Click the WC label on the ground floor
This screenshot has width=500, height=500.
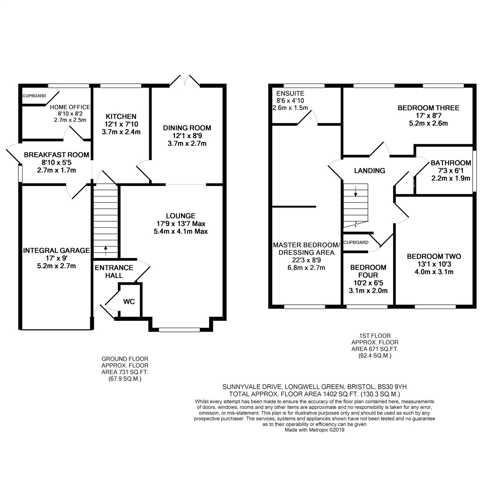129,302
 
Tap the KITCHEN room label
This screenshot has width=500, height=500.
121,117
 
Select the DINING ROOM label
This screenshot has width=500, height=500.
187,128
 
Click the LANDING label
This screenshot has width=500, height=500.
369,171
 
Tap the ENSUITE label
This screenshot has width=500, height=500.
290,93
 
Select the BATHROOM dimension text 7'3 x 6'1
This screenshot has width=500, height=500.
451,171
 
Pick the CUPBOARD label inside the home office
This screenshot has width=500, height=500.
34,96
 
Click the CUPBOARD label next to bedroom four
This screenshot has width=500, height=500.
356,243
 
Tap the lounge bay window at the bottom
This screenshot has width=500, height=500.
179,330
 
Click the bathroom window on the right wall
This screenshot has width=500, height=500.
474,171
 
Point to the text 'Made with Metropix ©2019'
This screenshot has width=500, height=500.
314,430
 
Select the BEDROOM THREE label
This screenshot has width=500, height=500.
428,108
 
